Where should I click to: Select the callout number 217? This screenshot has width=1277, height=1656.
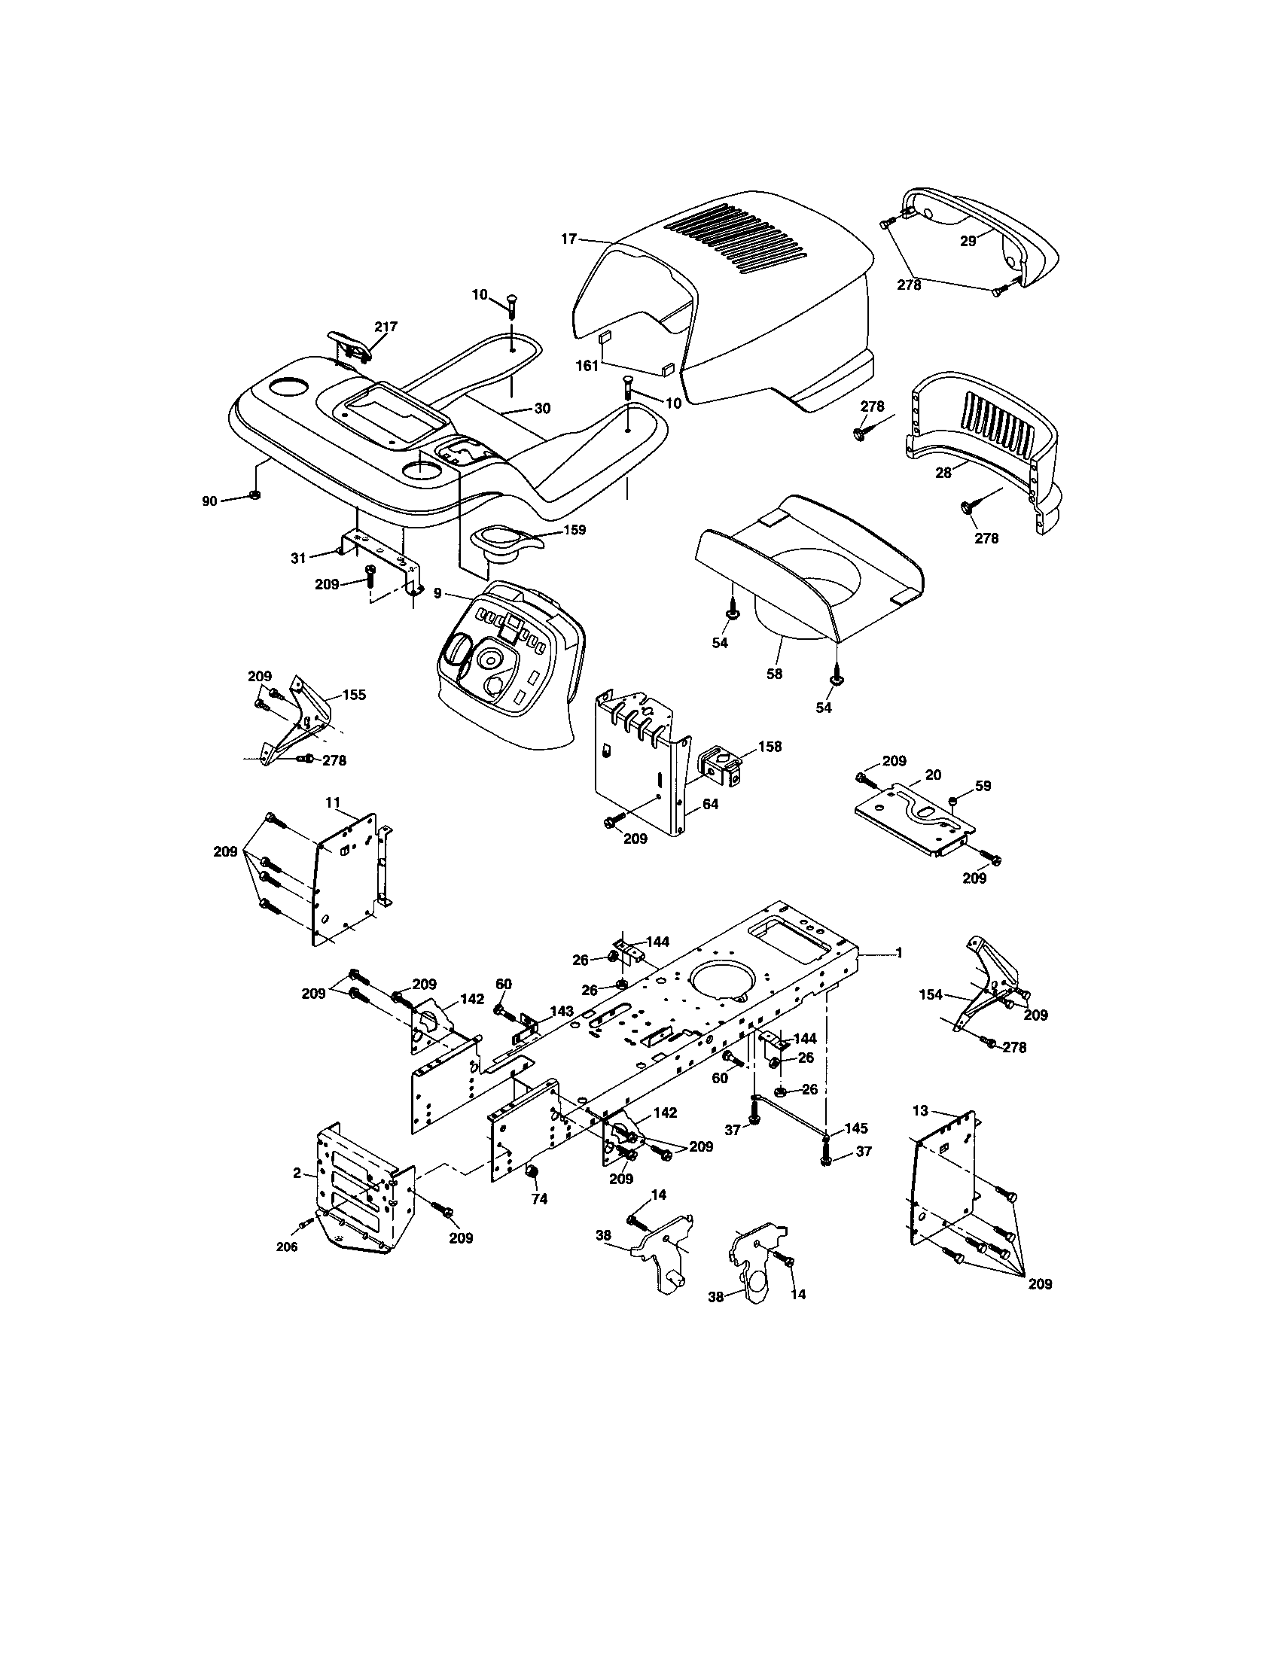click(x=386, y=327)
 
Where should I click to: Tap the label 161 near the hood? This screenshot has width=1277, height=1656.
click(x=587, y=366)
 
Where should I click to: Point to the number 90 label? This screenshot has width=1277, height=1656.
click(x=209, y=501)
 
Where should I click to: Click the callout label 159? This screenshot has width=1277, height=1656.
click(x=574, y=530)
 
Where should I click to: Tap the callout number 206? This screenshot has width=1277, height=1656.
click(x=286, y=1247)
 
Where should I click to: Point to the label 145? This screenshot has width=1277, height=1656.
click(x=855, y=1128)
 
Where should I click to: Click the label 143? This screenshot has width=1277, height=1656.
click(x=562, y=1011)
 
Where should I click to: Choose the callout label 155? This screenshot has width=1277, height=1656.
click(x=353, y=695)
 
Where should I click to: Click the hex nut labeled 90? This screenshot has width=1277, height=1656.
click(x=255, y=496)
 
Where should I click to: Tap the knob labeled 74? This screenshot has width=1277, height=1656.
click(x=532, y=1173)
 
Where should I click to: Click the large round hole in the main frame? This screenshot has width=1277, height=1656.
click(x=722, y=976)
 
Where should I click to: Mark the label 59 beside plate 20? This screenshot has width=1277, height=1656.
click(x=983, y=787)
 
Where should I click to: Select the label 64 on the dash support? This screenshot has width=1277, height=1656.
click(x=710, y=805)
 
